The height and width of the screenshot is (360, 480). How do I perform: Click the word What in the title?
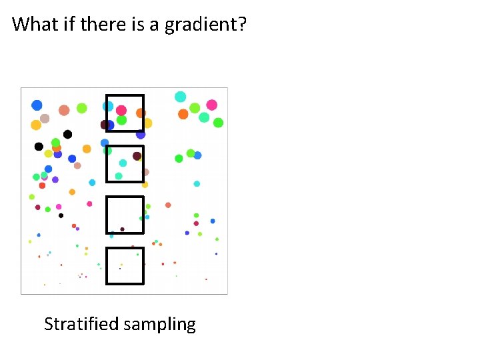point(31,25)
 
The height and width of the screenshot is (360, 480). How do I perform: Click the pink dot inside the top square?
point(121,110)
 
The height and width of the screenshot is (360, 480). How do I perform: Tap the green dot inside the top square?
point(121,120)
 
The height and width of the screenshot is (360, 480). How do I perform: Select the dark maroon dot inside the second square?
point(137,156)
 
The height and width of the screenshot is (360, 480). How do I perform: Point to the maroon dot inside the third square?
point(122,229)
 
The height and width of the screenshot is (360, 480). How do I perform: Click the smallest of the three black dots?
point(61,215)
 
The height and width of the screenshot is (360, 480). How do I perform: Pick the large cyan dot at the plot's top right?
point(180,97)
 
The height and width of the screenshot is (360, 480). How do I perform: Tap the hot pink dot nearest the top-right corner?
point(211,105)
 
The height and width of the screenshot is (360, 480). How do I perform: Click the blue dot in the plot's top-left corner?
point(37,105)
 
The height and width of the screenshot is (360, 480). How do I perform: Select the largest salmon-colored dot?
point(64,110)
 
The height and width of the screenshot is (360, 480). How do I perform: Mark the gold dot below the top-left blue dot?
point(36,125)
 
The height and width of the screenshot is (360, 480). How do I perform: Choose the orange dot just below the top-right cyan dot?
point(183,114)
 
